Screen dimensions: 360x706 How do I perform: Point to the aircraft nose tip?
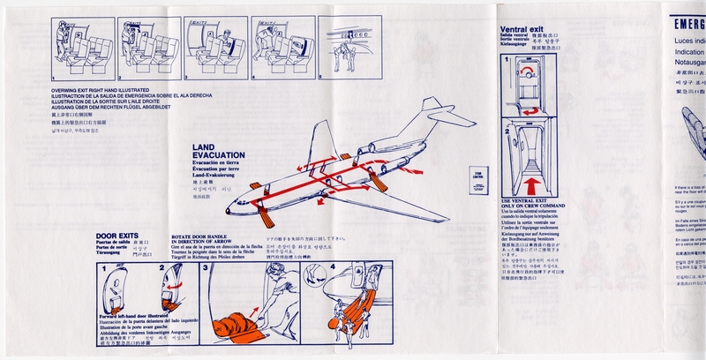(228, 210)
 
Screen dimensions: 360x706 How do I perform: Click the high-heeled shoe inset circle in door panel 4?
(312, 279)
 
